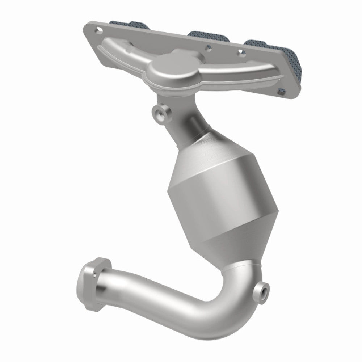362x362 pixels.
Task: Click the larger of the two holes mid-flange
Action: [x=208, y=47]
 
